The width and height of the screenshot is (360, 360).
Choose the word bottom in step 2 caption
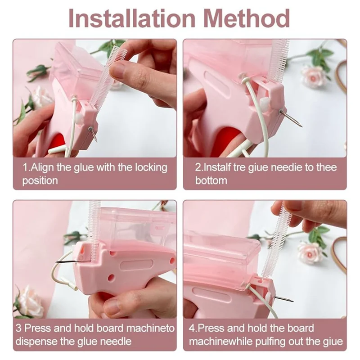[x=211, y=181]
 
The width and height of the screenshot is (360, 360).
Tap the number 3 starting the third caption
[x=19, y=328]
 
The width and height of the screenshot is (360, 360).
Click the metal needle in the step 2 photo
[x=291, y=118]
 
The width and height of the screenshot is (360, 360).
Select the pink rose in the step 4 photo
[x=310, y=252]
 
